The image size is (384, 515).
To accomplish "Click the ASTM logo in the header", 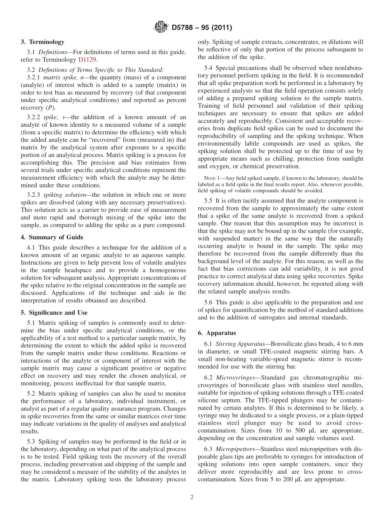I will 161,28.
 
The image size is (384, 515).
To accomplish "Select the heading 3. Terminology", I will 42,42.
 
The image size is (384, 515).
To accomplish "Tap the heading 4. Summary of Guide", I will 52,237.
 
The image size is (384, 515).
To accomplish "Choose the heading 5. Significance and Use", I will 54,313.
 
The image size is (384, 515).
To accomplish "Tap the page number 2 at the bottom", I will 192,498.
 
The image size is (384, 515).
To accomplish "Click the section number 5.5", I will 210,200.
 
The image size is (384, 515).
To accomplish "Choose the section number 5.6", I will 210,302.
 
